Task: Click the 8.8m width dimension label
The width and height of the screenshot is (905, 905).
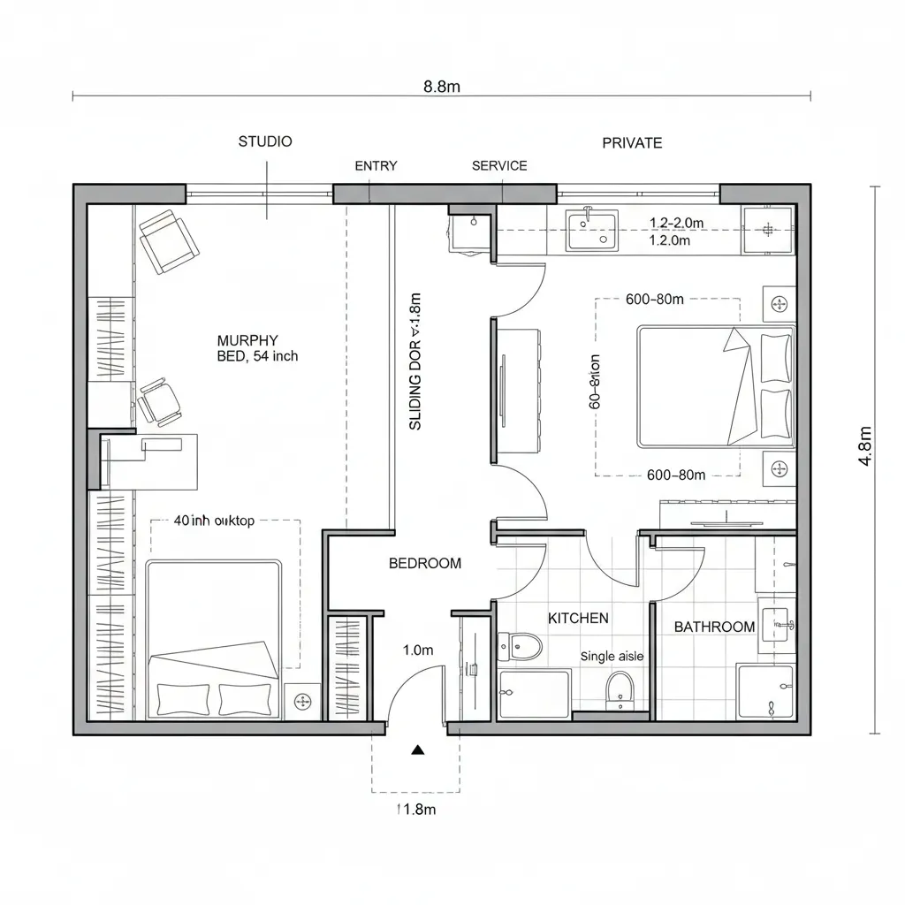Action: point(442,87)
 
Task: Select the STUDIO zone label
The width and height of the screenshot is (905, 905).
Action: point(265,141)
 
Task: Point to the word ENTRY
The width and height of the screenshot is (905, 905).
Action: point(376,166)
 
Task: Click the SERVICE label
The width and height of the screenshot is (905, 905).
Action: point(499,166)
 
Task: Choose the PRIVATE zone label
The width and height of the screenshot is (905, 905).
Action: point(632,143)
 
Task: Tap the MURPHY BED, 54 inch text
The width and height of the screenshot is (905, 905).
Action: point(257,348)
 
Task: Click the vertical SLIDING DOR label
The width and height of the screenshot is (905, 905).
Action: point(416,361)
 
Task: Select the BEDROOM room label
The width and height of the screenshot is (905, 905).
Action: point(425,564)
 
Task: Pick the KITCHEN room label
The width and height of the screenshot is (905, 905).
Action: point(578,619)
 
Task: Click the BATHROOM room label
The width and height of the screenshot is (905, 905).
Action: point(714,627)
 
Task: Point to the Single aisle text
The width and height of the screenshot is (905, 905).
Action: point(612,657)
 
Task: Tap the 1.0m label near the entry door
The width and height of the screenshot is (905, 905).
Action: point(418,650)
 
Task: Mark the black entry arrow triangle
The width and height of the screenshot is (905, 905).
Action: point(418,750)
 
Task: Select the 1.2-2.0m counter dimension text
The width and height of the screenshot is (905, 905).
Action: point(676,224)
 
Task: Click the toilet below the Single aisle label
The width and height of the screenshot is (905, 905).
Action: point(620,688)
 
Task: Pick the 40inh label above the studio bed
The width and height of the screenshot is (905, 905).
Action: point(214,521)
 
